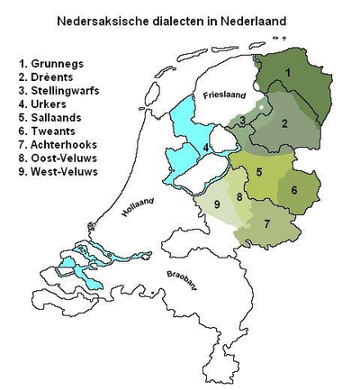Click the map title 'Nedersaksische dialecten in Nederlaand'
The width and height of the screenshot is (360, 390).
click(x=179, y=18)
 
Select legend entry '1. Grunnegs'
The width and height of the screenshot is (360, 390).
click(x=52, y=64)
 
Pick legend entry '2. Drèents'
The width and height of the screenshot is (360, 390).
click(x=49, y=78)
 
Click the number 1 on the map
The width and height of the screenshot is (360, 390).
click(x=287, y=71)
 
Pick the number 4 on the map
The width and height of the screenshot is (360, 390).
click(x=207, y=148)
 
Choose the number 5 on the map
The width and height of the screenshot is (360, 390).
click(x=259, y=172)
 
